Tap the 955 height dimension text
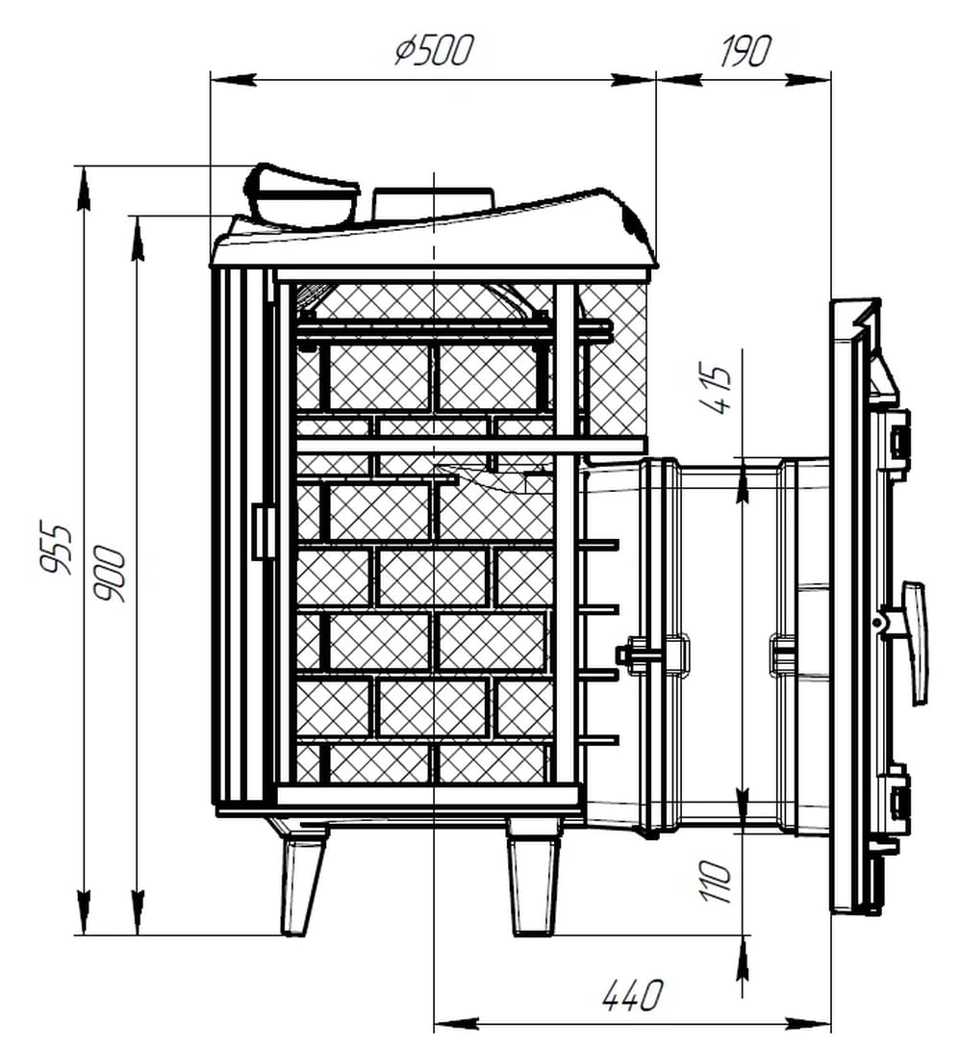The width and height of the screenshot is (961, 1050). pos(54,547)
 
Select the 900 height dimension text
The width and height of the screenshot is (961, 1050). pos(109,575)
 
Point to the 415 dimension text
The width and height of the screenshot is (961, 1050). pos(714,390)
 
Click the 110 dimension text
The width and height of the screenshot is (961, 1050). pos(715,882)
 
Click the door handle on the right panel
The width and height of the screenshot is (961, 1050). pos(912,642)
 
